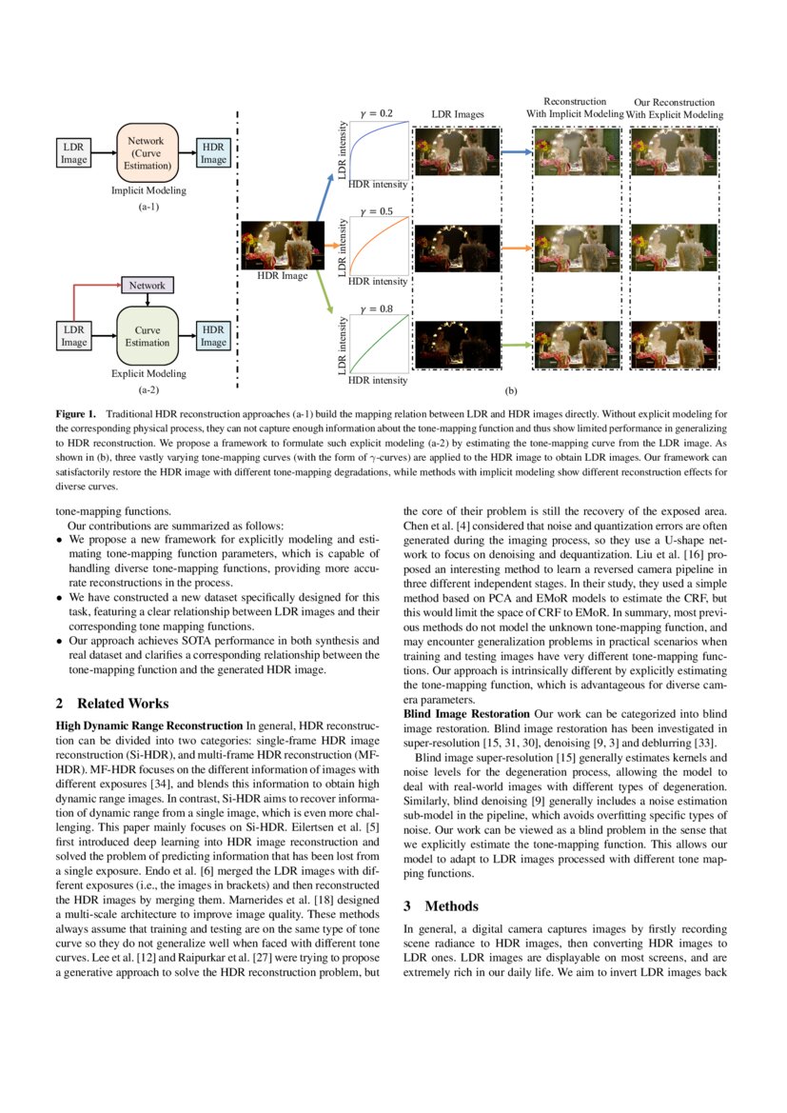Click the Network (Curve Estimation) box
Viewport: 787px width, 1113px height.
147,152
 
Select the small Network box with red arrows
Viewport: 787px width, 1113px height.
147,285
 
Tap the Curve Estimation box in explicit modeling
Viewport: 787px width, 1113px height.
147,336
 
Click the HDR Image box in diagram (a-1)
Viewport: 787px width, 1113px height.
213,153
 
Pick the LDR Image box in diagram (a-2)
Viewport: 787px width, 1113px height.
74,336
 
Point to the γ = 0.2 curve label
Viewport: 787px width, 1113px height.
375,113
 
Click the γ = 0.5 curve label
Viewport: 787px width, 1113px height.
375,211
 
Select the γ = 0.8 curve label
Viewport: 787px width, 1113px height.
375,308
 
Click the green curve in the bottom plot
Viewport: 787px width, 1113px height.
379,343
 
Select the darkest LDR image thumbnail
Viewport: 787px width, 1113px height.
459,344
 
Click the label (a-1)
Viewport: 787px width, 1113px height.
148,207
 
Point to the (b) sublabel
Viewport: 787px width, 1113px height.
511,390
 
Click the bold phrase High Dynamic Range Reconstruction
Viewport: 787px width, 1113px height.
148,725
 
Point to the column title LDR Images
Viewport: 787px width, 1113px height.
458,114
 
